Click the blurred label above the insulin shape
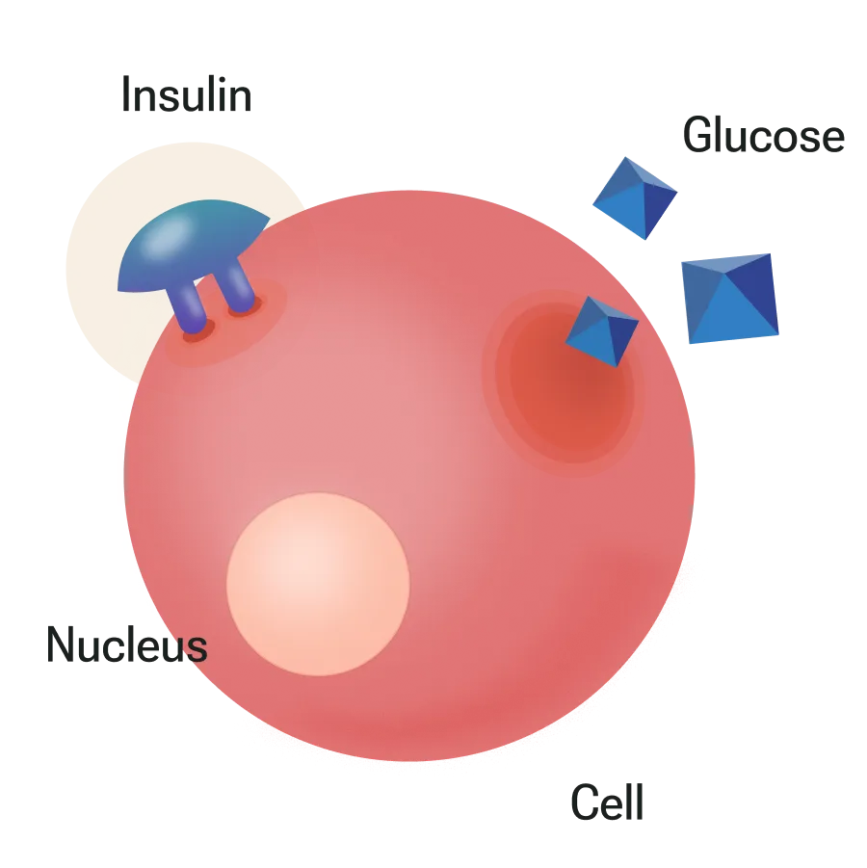pyautogui.click(x=189, y=97)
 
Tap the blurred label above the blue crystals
pyautogui.click(x=762, y=137)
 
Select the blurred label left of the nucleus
pyautogui.click(x=126, y=644)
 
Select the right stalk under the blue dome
pyautogui.click(x=238, y=289)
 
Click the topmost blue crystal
pyautogui.click(x=635, y=198)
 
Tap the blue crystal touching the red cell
pyautogui.click(x=601, y=330)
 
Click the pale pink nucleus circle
pyautogui.click(x=318, y=583)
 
